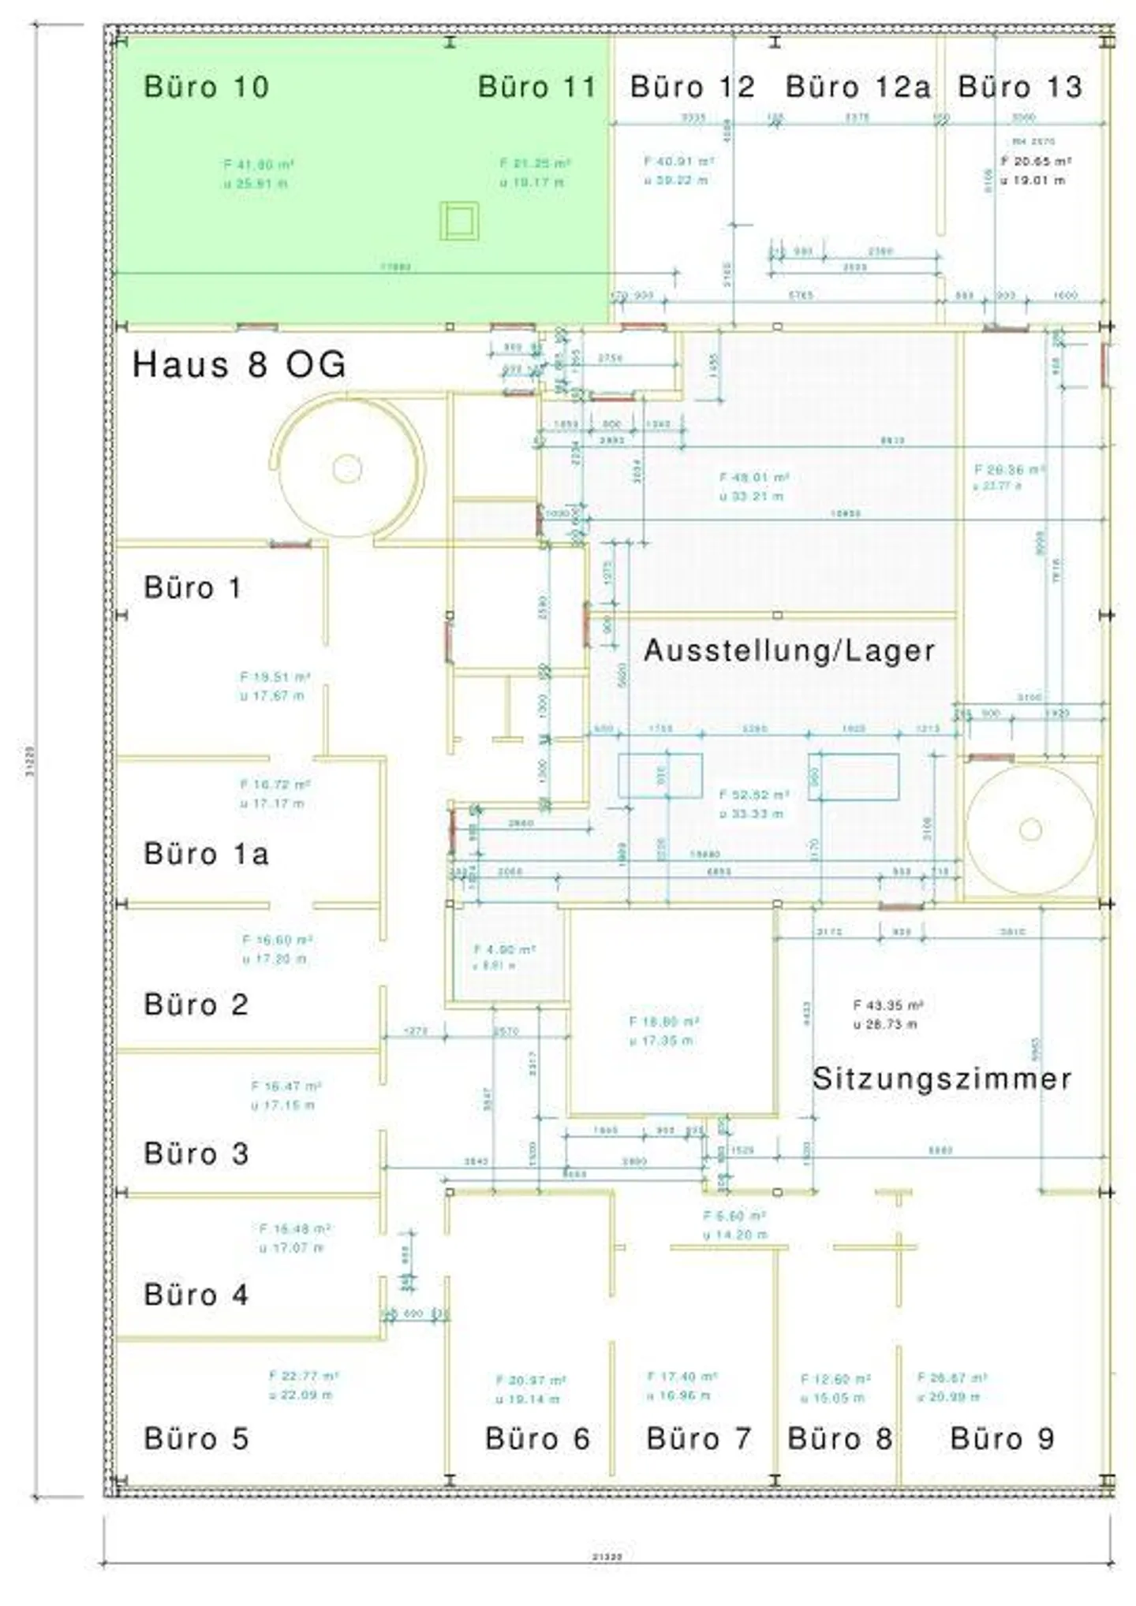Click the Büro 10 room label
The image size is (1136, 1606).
(206, 87)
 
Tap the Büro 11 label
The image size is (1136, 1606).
(536, 87)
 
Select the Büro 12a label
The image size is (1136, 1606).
(858, 87)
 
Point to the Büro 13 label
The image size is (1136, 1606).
(1019, 87)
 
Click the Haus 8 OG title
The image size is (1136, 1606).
(239, 364)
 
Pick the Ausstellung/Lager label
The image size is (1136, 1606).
(790, 651)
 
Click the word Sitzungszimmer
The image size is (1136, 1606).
(942, 1079)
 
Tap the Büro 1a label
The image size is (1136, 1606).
(207, 854)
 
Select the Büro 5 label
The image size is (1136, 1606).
(196, 1439)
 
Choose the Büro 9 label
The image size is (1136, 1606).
(1002, 1439)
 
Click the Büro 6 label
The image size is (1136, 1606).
(537, 1439)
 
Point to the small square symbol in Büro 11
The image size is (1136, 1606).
(459, 222)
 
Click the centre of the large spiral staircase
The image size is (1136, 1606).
(347, 469)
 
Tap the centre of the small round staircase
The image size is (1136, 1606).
(1030, 829)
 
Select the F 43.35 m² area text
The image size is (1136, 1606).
(888, 1005)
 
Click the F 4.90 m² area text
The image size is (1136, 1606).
(504, 950)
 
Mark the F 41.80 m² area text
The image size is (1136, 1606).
(259, 165)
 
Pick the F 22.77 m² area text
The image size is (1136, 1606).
(304, 1376)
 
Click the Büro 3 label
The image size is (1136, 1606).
(196, 1153)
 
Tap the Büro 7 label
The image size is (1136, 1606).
(698, 1439)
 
